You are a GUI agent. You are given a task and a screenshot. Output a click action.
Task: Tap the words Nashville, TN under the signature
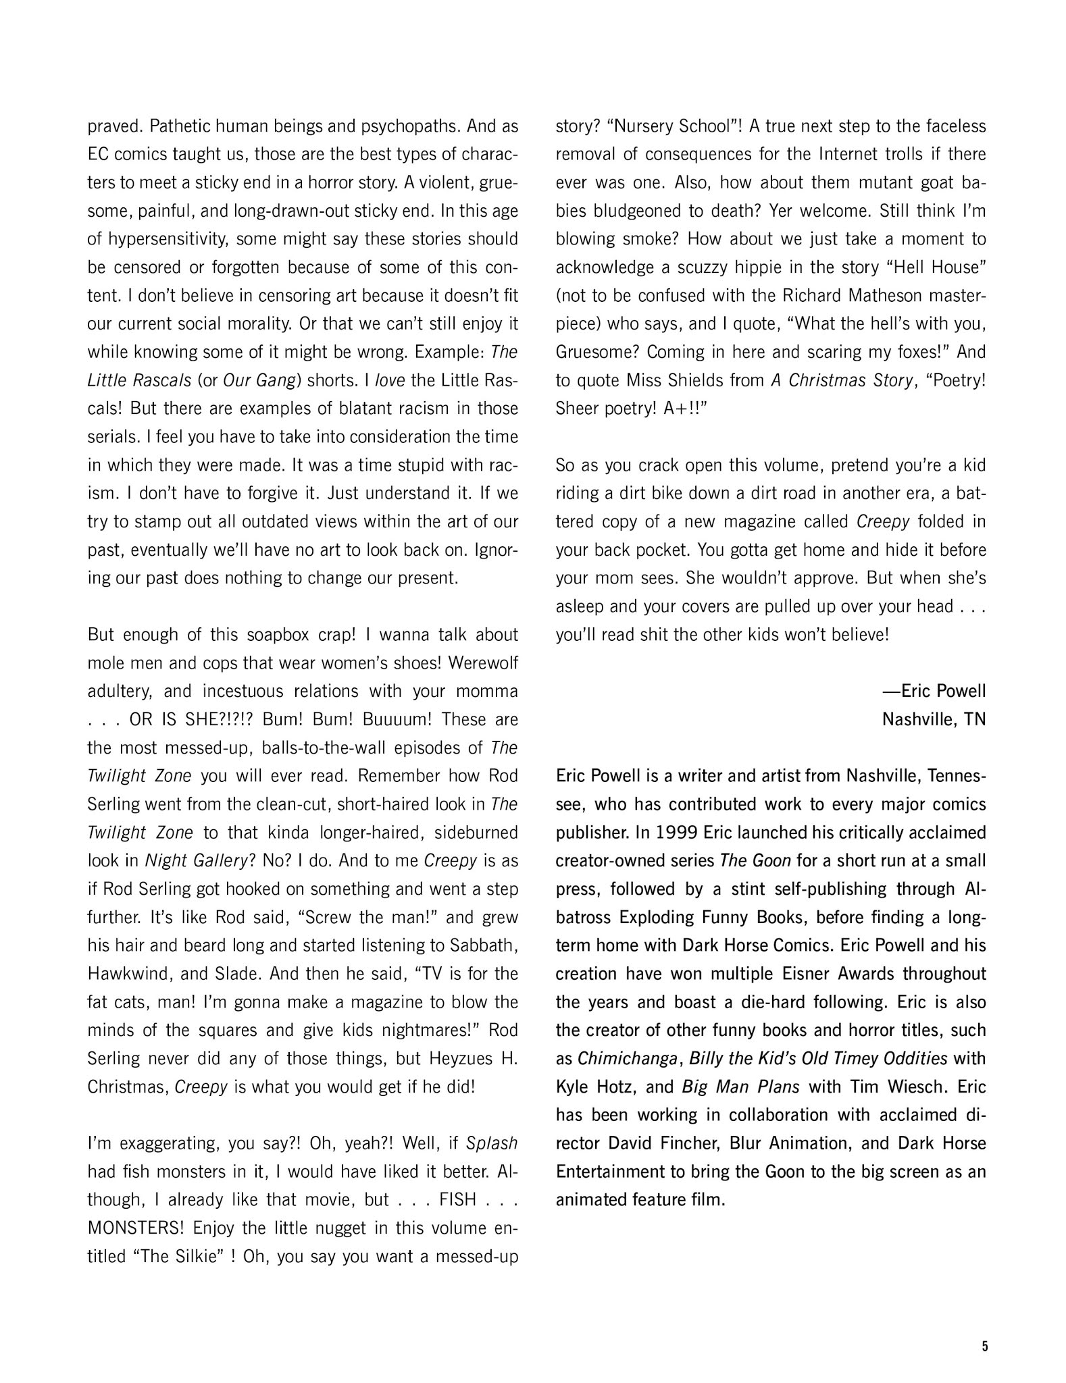934,719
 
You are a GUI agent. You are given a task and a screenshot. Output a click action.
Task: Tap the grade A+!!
680,409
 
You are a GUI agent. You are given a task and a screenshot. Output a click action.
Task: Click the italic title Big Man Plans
740,1087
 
